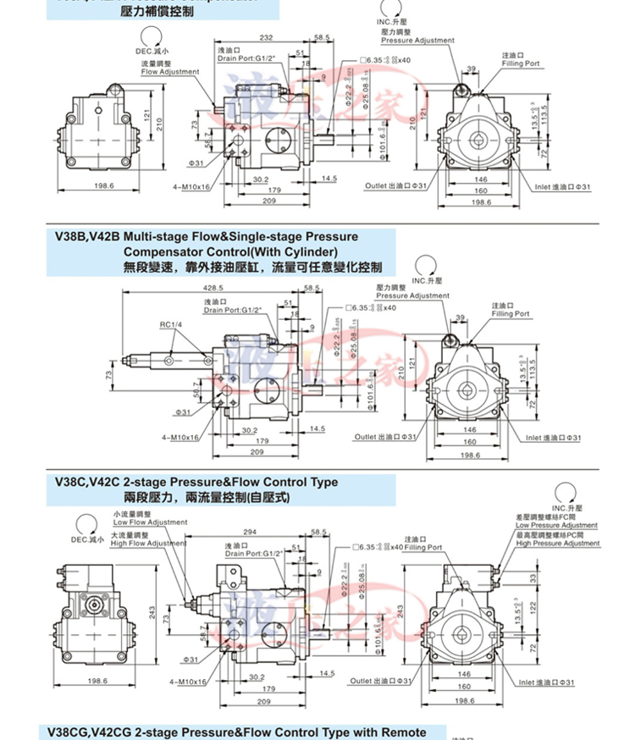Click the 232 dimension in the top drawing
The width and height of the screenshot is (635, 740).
pos(266,37)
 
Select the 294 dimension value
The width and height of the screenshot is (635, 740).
pos(248,531)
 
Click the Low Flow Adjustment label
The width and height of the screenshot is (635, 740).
pos(150,522)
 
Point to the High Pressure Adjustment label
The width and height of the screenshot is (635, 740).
pos(558,544)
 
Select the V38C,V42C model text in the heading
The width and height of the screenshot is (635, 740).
pos(87,482)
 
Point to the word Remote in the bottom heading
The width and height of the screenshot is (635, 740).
pos(402,732)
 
